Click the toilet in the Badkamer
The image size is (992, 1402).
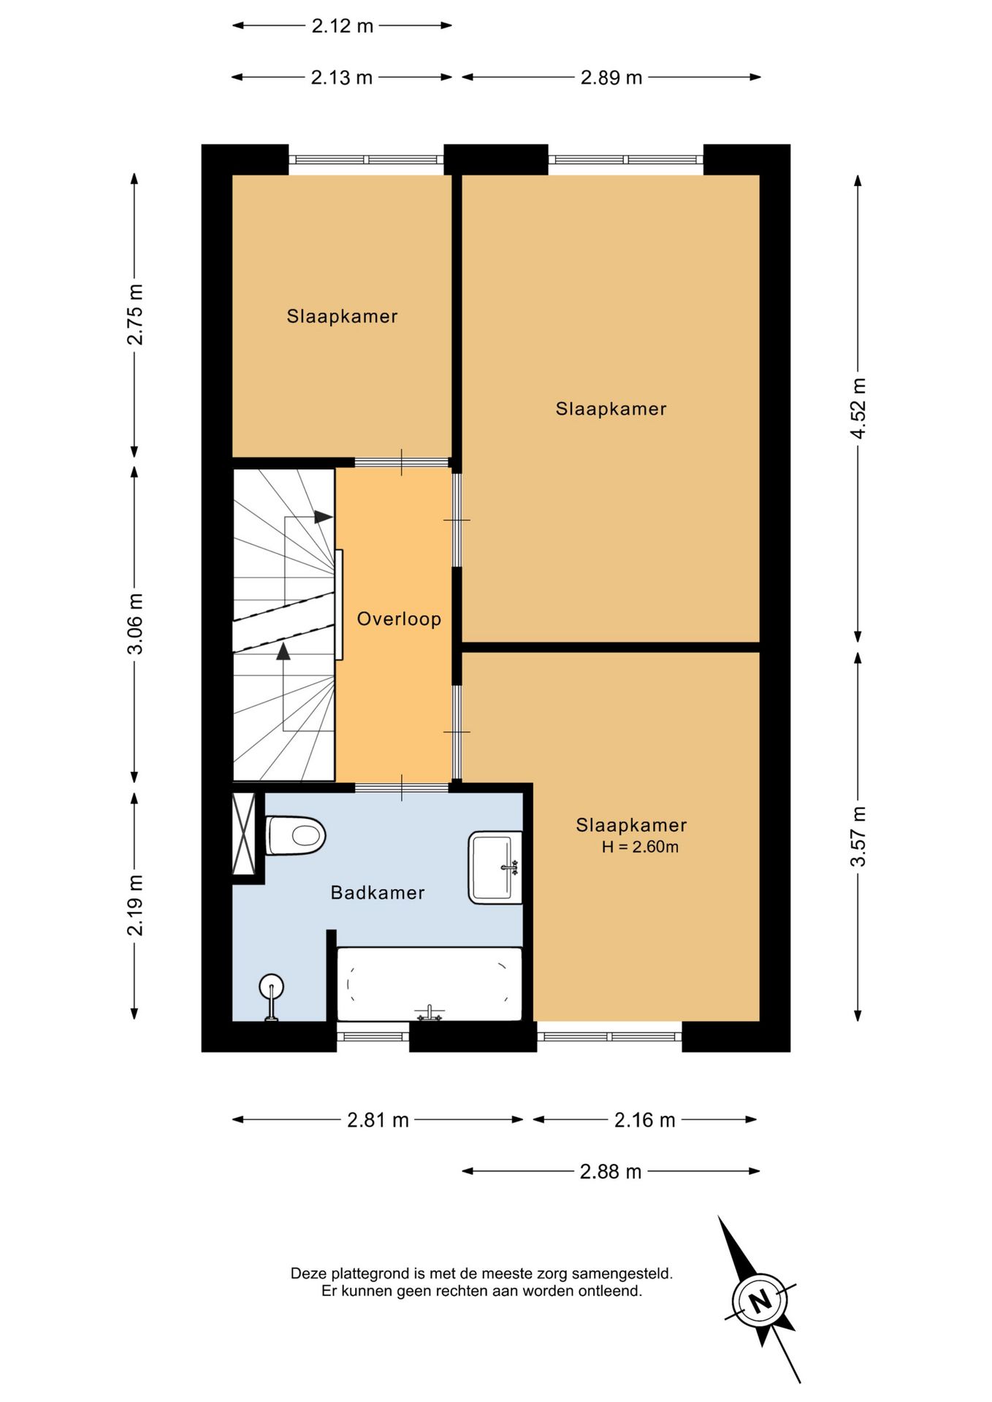pyautogui.click(x=295, y=835)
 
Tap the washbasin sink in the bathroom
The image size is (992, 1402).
pyautogui.click(x=495, y=867)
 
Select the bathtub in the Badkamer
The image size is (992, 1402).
pyautogui.click(x=430, y=984)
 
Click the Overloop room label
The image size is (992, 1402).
pyautogui.click(x=399, y=619)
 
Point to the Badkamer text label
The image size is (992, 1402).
pyautogui.click(x=378, y=892)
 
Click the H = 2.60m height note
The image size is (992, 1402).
pyautogui.click(x=640, y=847)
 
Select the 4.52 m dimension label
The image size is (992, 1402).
pyautogui.click(x=858, y=408)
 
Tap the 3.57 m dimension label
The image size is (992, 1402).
pyautogui.click(x=858, y=836)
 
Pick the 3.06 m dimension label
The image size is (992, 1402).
pyautogui.click(x=135, y=624)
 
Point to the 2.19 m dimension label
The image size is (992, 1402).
pyautogui.click(x=135, y=905)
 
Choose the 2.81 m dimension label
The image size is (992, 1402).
pyautogui.click(x=378, y=1120)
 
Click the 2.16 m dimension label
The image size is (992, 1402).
pyautogui.click(x=645, y=1120)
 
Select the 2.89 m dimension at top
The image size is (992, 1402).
pyautogui.click(x=611, y=77)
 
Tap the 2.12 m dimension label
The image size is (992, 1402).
pyautogui.click(x=343, y=26)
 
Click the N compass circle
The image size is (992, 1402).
pyautogui.click(x=760, y=1301)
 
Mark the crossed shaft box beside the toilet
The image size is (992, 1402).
pyautogui.click(x=244, y=833)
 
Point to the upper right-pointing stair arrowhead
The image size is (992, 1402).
pyautogui.click(x=324, y=517)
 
